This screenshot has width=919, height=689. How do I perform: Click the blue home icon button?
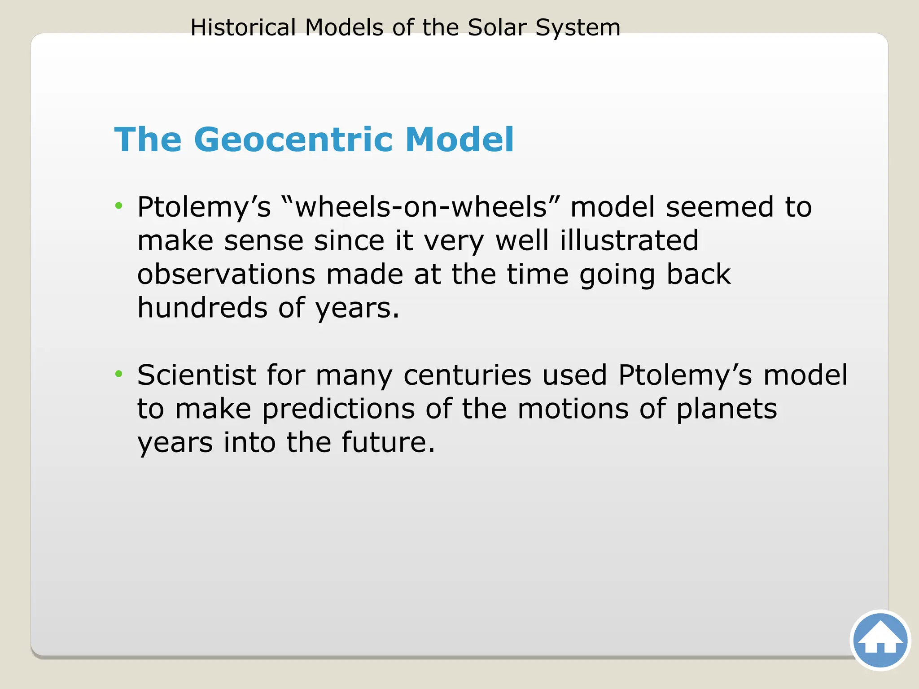click(x=880, y=640)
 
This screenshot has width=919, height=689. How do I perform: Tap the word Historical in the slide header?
click(x=243, y=27)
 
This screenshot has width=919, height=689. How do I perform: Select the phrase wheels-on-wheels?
click(x=421, y=207)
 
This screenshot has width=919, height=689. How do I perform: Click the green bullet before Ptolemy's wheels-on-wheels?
click(x=118, y=206)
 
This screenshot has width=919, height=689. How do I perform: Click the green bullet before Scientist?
click(x=118, y=374)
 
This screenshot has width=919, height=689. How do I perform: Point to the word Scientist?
click(x=197, y=375)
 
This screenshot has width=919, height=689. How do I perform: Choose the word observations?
click(x=226, y=274)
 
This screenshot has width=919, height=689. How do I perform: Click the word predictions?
click(x=338, y=409)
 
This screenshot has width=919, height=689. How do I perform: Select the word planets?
click(x=726, y=410)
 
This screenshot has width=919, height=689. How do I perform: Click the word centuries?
click(x=467, y=375)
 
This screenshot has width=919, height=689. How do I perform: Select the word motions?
click(x=573, y=409)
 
